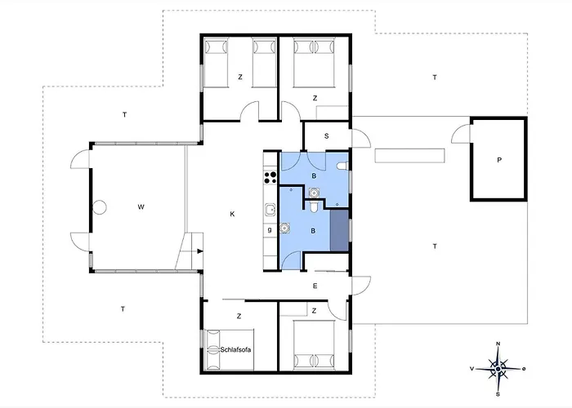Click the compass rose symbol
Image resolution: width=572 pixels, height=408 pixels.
pyautogui.click(x=498, y=369)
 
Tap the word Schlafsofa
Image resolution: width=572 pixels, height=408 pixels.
pyautogui.click(x=235, y=350)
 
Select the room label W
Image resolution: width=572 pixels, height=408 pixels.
pyautogui.click(x=141, y=207)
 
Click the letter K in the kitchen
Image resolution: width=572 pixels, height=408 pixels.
pyautogui.click(x=232, y=214)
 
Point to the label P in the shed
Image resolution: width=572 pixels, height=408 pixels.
pyautogui.click(x=499, y=160)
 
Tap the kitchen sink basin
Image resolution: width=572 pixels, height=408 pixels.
pyautogui.click(x=270, y=210)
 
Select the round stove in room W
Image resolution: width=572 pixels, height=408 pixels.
pyautogui.click(x=99, y=207)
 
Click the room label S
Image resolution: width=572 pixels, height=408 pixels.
pyautogui.click(x=327, y=136)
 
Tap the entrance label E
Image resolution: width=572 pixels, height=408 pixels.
pyautogui.click(x=315, y=286)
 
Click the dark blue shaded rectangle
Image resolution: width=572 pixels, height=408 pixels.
pyautogui.click(x=339, y=230)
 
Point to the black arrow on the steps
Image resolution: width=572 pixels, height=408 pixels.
pyautogui.click(x=199, y=251)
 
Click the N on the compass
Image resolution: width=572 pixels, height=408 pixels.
pyautogui.click(x=498, y=344)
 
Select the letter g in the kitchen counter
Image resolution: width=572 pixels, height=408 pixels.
pyautogui.click(x=270, y=230)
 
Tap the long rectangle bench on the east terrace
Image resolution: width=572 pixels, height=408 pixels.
pyautogui.click(x=409, y=156)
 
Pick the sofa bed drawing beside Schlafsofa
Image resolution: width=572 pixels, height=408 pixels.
pyautogui.click(x=230, y=350)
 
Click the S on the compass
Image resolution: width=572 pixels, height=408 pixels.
pyautogui.click(x=498, y=394)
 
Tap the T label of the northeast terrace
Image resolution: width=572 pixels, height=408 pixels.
pyautogui.click(x=435, y=78)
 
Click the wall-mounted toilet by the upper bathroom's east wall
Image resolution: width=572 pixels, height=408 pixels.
pyautogui.click(x=342, y=166)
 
